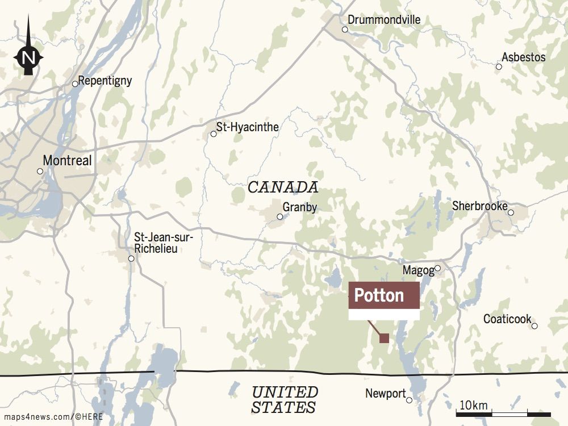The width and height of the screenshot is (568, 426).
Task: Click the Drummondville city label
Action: click(384, 20)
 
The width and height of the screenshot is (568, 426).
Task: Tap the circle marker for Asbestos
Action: click(499, 66)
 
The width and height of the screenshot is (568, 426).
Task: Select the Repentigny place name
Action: click(105, 81)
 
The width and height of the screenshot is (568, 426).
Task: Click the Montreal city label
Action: click(67, 161)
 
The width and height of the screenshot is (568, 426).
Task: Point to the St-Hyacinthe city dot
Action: click(214, 134)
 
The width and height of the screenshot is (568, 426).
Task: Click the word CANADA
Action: click(282, 187)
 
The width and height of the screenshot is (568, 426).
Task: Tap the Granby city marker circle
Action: click(279, 216)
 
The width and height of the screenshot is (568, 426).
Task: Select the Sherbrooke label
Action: click(479, 206)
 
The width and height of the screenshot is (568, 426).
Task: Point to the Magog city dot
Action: click(437, 269)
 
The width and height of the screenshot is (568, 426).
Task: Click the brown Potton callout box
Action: click(383, 295)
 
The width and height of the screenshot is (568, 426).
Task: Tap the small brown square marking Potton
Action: click(384, 339)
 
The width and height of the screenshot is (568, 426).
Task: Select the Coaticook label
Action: click(507, 319)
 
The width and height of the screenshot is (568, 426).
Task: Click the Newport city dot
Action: click(410, 400)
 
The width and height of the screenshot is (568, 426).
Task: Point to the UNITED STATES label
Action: click(285, 399)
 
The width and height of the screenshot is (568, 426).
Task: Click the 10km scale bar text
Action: click(473, 405)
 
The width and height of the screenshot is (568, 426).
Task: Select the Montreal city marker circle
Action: click(40, 171)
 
